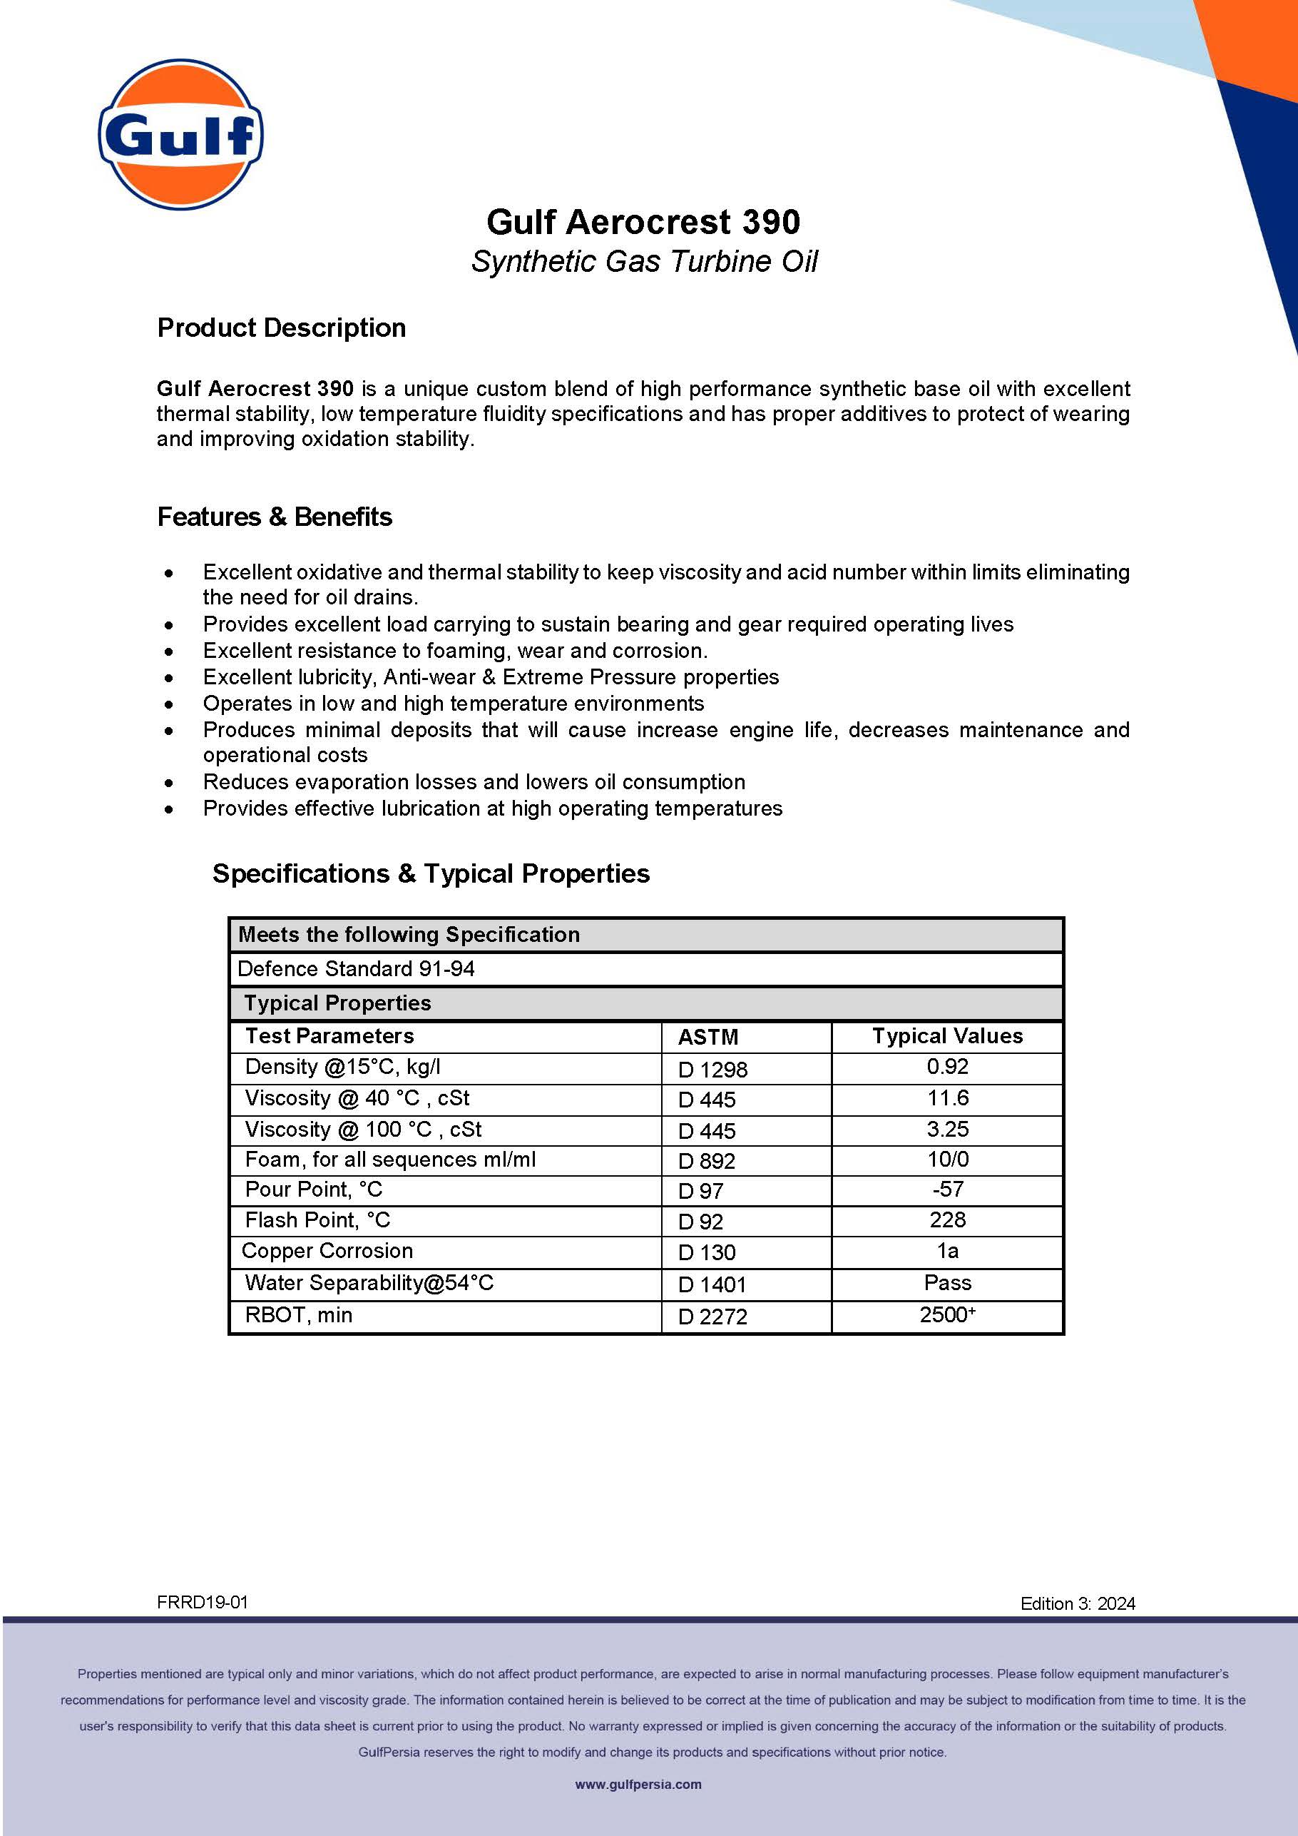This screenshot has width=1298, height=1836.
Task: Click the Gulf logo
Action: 180,134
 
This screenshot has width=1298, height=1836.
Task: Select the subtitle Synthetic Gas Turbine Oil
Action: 644,261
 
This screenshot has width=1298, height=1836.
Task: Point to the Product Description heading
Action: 281,328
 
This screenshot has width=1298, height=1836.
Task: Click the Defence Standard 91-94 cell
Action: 357,969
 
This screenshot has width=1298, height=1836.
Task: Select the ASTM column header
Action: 708,1037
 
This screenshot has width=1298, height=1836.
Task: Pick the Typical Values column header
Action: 947,1036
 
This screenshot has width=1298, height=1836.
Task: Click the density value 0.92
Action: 947,1067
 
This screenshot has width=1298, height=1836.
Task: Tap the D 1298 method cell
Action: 712,1069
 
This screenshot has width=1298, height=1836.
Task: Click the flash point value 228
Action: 947,1220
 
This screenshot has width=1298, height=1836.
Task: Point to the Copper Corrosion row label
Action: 327,1252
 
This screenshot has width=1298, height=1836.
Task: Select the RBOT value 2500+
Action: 947,1315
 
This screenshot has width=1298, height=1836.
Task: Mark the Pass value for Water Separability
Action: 947,1284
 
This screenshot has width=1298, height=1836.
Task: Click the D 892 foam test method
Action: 707,1161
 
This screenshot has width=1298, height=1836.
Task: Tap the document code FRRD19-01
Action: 203,1603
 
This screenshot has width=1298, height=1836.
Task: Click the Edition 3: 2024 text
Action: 1078,1603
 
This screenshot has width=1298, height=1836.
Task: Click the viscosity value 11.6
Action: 947,1098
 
